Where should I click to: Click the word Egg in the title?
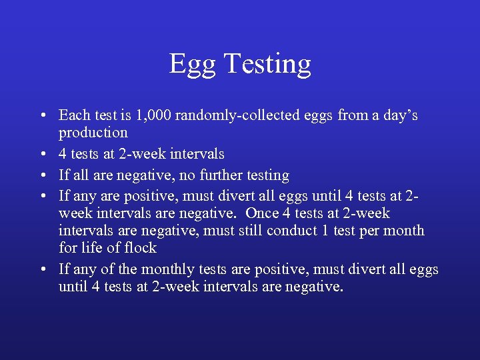[192, 65]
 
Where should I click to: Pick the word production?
[93, 133]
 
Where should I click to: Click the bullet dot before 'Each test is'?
[43, 116]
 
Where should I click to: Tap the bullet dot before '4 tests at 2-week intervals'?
[43, 155]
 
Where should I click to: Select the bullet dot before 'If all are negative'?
[43, 176]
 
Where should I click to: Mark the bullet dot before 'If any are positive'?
[43, 197]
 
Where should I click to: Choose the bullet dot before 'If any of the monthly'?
[43, 270]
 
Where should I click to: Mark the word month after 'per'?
[403, 231]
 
